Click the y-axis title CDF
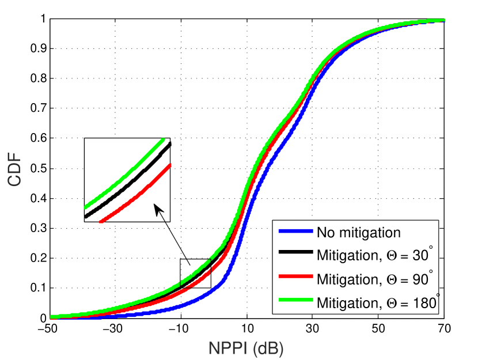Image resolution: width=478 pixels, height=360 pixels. click(16, 169)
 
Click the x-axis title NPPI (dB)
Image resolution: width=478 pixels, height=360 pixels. click(246, 348)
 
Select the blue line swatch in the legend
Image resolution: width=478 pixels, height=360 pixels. click(295, 233)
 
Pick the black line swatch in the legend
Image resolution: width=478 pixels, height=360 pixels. click(295, 256)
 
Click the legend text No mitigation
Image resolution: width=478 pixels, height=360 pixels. click(358, 233)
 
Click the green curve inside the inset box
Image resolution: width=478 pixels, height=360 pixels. click(124, 173)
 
